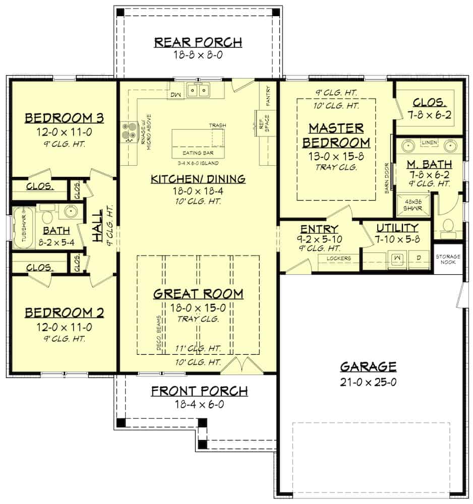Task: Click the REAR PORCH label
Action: click(198, 42)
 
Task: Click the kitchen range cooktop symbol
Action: click(128, 133)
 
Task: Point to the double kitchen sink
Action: click(198, 90)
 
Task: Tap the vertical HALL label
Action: click(97, 221)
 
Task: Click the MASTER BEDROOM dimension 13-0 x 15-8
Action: click(335, 156)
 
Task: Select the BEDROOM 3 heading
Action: click(65, 118)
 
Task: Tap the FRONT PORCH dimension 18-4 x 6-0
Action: click(200, 404)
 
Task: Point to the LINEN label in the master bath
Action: click(429, 143)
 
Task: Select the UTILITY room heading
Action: click(397, 228)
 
